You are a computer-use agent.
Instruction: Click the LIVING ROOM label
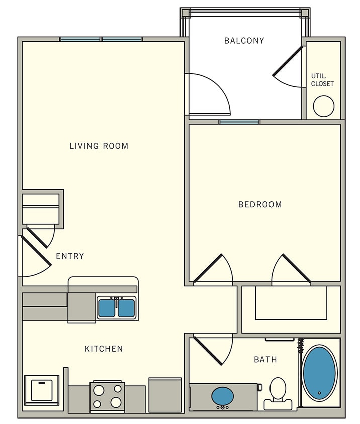coord(99,146)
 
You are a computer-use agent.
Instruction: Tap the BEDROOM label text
coord(260,205)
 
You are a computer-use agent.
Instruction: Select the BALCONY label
coord(244,41)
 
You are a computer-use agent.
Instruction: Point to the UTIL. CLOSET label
coord(322,80)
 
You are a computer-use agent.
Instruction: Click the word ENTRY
coord(70,256)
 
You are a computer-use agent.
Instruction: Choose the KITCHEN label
coord(104,349)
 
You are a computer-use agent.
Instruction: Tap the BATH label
coord(265,360)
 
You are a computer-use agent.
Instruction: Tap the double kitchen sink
coord(116,307)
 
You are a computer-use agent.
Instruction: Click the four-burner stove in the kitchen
coord(107,395)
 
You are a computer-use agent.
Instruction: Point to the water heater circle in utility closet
coord(323,106)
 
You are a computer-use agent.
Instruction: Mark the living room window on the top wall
coord(101,39)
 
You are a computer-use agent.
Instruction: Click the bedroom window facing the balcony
coord(239,122)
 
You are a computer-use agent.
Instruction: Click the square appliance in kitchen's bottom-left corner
coord(45,390)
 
